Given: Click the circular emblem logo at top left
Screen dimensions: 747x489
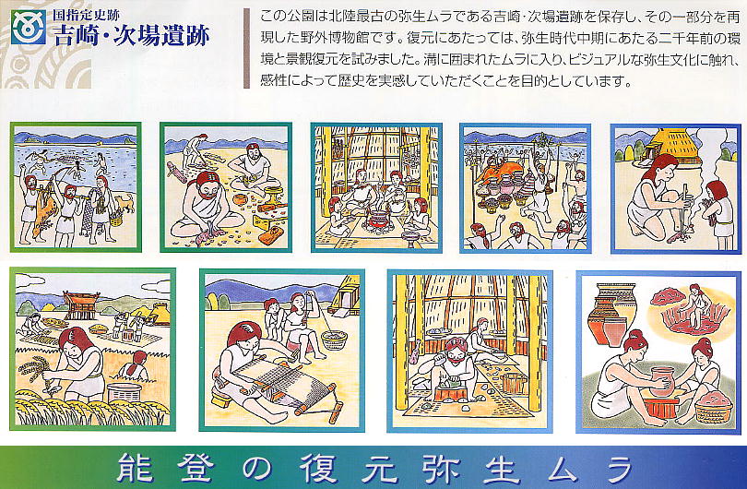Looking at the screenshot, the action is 29,28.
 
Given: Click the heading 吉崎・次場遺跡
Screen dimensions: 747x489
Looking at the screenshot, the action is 131,35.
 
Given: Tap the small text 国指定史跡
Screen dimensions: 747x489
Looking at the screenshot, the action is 87,15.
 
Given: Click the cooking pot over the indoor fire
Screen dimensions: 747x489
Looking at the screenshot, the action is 379,221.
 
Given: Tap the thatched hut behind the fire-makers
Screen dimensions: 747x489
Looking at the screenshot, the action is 670,145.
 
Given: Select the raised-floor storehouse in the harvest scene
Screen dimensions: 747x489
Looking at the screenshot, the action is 81,305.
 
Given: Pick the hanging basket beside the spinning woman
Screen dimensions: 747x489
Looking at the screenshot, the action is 334,340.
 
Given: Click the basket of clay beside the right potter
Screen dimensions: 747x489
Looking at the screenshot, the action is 713,407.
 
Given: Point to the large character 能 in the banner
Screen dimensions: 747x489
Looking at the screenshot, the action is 135,468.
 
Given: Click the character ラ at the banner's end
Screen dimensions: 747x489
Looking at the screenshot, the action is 618,468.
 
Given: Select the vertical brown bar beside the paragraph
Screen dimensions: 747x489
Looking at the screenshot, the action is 246,48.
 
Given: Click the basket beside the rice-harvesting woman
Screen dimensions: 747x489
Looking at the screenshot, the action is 124,392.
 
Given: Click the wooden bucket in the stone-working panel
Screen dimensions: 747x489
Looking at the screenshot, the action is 514,383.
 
